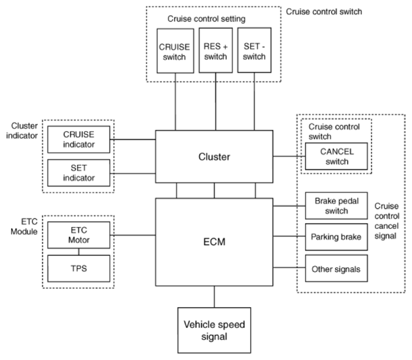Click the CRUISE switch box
click(175, 51)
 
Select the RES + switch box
click(215, 50)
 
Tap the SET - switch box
click(255, 50)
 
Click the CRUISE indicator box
click(78, 140)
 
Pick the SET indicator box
click(78, 173)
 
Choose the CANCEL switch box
click(336, 157)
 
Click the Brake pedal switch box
click(336, 205)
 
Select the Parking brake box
click(336, 237)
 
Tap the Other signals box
click(336, 269)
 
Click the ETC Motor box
click(78, 235)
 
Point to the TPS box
click(78, 269)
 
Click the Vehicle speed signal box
click(214, 331)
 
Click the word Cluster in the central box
click(214, 157)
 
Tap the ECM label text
click(214, 242)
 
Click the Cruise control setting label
click(206, 19)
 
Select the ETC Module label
click(24, 227)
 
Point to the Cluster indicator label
click(22, 130)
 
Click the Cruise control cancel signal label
click(387, 221)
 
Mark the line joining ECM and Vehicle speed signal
click(214, 297)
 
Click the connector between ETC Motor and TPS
click(78, 252)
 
